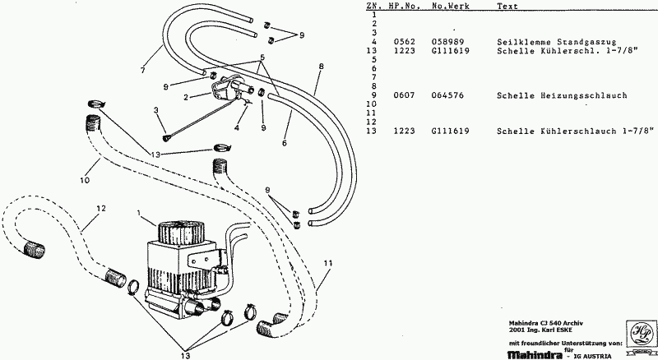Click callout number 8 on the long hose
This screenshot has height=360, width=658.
tap(320, 66)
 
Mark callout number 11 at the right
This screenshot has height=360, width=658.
tap(327, 262)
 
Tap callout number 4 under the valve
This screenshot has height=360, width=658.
tap(237, 128)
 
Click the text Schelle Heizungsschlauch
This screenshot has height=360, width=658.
tap(550, 95)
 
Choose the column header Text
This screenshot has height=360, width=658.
tap(507, 6)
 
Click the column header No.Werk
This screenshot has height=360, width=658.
tap(449, 6)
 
